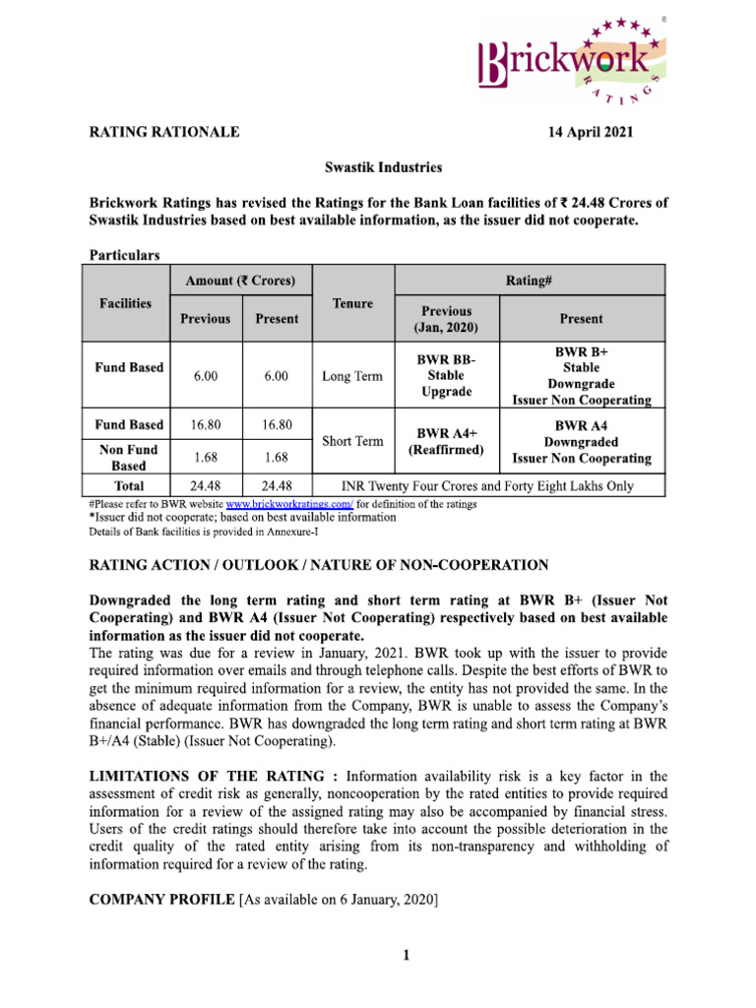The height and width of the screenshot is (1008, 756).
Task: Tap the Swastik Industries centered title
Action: [383, 167]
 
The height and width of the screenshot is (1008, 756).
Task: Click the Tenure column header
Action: [352, 303]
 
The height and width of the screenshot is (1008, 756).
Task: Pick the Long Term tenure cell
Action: [352, 375]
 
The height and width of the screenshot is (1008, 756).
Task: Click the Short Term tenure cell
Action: [352, 441]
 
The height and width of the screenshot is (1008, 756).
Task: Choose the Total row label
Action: [130, 485]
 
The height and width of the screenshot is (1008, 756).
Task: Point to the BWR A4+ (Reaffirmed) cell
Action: [447, 441]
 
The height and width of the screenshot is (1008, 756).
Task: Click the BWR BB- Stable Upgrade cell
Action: [447, 375]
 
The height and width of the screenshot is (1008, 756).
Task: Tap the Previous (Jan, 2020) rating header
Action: [447, 318]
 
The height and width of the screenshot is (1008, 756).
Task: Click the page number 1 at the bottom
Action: [405, 954]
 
